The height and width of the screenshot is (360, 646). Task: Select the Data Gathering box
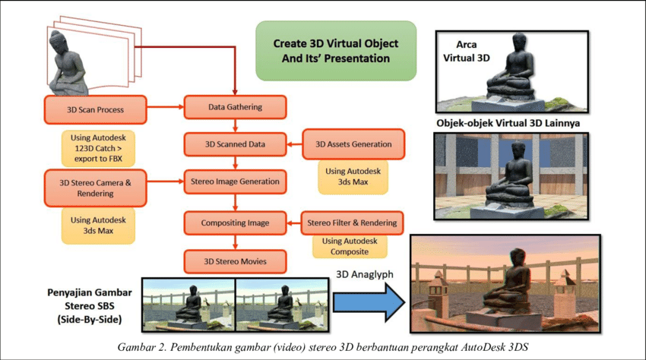[x=235, y=107]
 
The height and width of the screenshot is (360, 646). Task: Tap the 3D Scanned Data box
[x=235, y=144]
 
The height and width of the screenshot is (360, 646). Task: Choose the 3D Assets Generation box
[x=353, y=144]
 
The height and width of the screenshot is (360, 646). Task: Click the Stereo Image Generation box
[x=235, y=182]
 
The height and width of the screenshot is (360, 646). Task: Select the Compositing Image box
[x=235, y=223]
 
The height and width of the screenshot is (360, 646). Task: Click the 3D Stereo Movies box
[x=235, y=262]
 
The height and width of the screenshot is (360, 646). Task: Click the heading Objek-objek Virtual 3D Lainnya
[x=511, y=123]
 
